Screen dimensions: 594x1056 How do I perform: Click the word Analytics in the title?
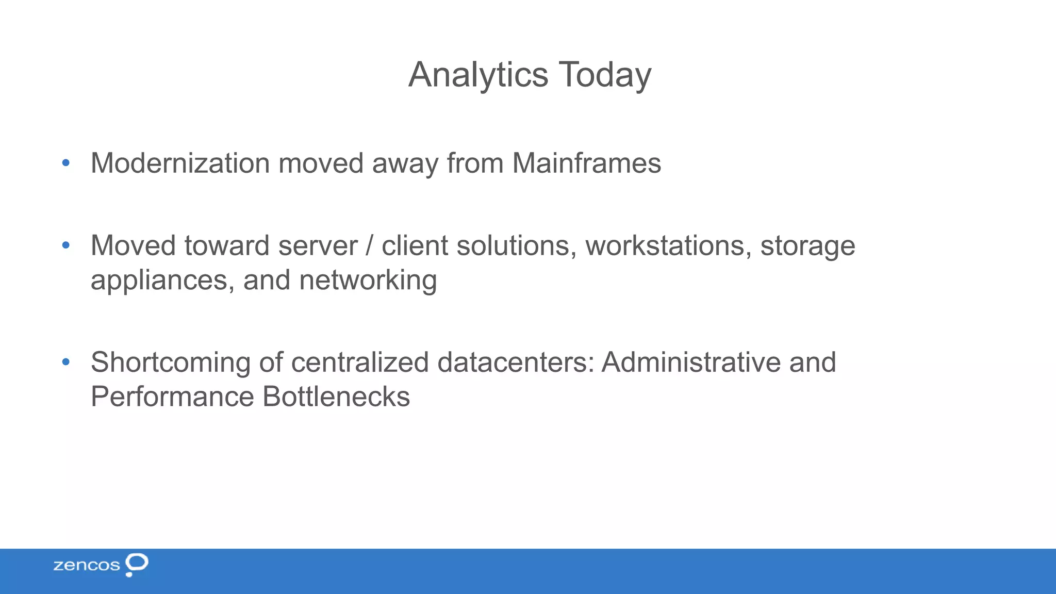point(478,75)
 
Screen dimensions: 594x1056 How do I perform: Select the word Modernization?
point(180,163)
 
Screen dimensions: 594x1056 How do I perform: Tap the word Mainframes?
point(586,163)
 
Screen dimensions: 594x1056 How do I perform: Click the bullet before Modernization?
point(65,163)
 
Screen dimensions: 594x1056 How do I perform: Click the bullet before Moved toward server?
point(65,245)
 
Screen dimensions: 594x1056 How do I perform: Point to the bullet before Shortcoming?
point(65,362)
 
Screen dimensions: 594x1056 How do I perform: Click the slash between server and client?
point(369,245)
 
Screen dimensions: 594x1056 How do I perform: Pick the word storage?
point(807,246)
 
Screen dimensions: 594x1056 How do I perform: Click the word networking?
point(368,281)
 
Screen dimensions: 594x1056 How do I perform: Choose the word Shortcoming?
point(171,362)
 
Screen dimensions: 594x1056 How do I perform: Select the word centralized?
point(360,362)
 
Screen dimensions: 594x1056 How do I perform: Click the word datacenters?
point(516,362)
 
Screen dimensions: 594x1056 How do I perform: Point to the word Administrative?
point(690,362)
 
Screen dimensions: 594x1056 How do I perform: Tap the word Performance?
point(172,397)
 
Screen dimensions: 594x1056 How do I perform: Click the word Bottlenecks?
point(336,397)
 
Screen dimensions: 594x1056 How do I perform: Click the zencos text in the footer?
point(87,565)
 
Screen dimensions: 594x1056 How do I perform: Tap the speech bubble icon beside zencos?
point(137,563)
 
